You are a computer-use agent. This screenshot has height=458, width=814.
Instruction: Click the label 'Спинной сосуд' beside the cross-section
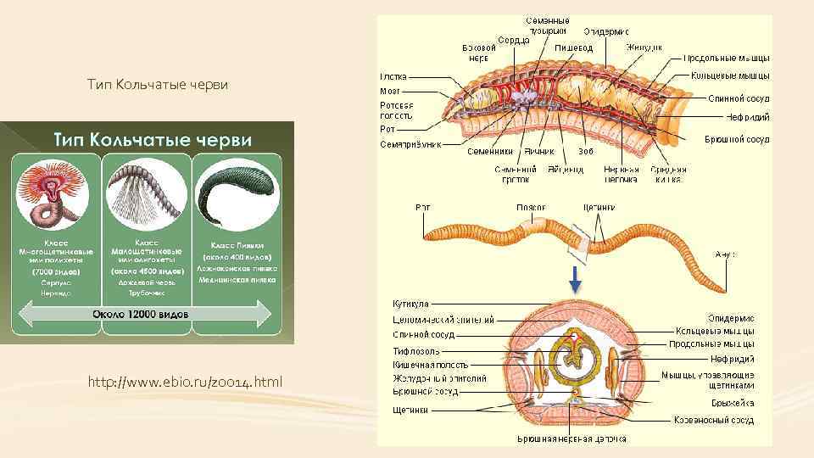pyautogui.click(x=423, y=334)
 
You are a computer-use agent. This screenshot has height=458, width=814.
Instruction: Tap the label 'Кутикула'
pyautogui.click(x=410, y=303)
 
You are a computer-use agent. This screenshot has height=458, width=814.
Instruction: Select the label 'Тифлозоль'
pyautogui.click(x=415, y=349)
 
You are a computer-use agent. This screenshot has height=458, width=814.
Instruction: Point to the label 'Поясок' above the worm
pyautogui.click(x=532, y=207)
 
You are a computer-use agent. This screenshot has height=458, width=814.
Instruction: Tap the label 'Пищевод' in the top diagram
pyautogui.click(x=573, y=48)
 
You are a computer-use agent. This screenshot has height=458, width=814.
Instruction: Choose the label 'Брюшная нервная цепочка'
pyautogui.click(x=572, y=438)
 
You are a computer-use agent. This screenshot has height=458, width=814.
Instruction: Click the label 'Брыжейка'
pyautogui.click(x=732, y=402)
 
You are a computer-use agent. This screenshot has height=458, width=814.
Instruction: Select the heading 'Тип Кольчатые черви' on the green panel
pyautogui.click(x=153, y=139)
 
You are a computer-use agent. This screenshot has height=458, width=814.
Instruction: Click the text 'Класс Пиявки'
pyautogui.click(x=237, y=244)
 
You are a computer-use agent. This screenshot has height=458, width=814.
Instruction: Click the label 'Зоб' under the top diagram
pyautogui.click(x=584, y=152)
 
